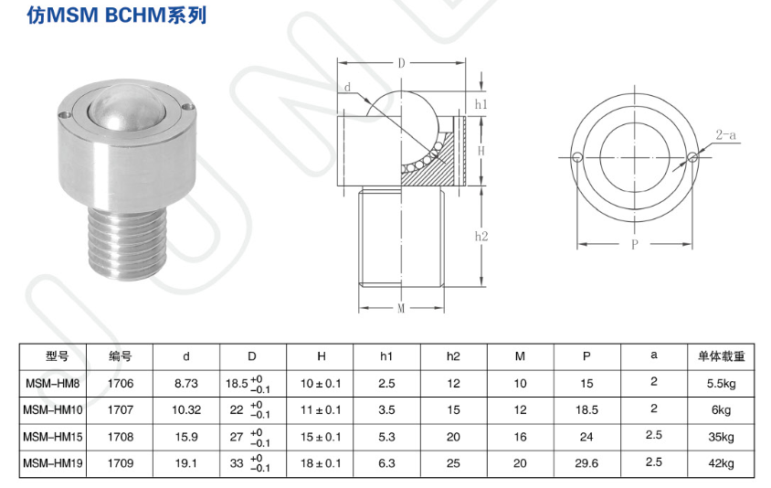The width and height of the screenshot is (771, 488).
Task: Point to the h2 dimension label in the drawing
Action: (x=481, y=236)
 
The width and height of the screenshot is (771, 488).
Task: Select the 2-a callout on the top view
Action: (x=728, y=135)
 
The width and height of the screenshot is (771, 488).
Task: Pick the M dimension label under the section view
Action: (x=401, y=308)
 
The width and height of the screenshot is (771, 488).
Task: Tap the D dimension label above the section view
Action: (x=401, y=64)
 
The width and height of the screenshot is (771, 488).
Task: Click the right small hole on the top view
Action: (x=693, y=157)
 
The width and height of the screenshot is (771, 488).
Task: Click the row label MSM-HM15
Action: (x=54, y=436)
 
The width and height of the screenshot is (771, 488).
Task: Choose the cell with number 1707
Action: (x=121, y=409)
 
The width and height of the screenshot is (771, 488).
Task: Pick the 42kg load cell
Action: (x=721, y=463)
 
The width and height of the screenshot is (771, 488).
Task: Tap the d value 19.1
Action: (x=186, y=463)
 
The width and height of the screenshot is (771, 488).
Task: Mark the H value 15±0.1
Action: (x=322, y=436)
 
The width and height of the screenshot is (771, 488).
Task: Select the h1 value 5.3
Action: (x=387, y=436)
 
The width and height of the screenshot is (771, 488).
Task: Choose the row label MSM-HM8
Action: (x=54, y=383)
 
